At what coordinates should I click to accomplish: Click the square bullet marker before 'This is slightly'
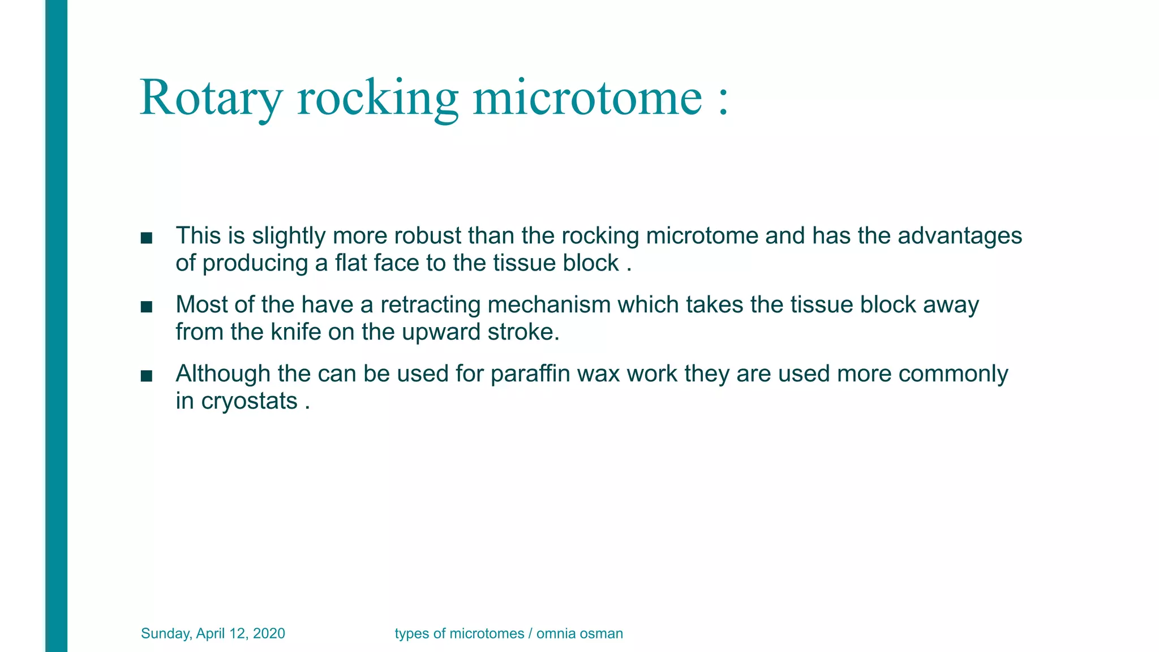pos(147,238)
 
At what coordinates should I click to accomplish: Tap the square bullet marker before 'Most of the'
pos(147,307)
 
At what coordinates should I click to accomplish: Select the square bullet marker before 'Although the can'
pos(147,376)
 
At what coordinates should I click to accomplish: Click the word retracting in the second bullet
pos(430,305)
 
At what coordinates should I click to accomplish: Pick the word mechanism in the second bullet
pos(549,305)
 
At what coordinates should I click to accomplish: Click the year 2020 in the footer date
pos(269,633)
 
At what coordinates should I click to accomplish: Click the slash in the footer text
pos(530,633)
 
